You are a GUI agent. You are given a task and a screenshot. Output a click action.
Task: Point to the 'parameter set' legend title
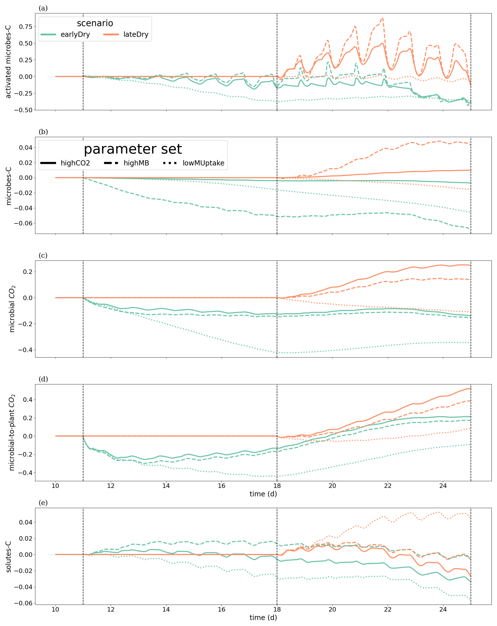[x=133, y=149]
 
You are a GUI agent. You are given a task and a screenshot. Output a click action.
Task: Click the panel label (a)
[x=43, y=8]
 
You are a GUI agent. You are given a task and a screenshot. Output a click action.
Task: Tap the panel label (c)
[x=43, y=255]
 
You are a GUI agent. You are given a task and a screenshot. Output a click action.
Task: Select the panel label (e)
[x=43, y=503]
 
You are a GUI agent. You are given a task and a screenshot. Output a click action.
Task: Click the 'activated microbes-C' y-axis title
[x=8, y=61]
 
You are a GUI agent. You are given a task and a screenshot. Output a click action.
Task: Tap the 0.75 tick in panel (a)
[x=25, y=27]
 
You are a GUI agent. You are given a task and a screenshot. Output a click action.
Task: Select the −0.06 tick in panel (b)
[x=24, y=223]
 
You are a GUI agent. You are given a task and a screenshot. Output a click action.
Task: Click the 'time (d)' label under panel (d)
[x=263, y=494]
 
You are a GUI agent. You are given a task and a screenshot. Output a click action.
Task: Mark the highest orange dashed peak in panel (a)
[x=382, y=18]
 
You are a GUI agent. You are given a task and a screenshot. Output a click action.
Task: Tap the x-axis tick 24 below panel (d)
[x=443, y=486]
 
